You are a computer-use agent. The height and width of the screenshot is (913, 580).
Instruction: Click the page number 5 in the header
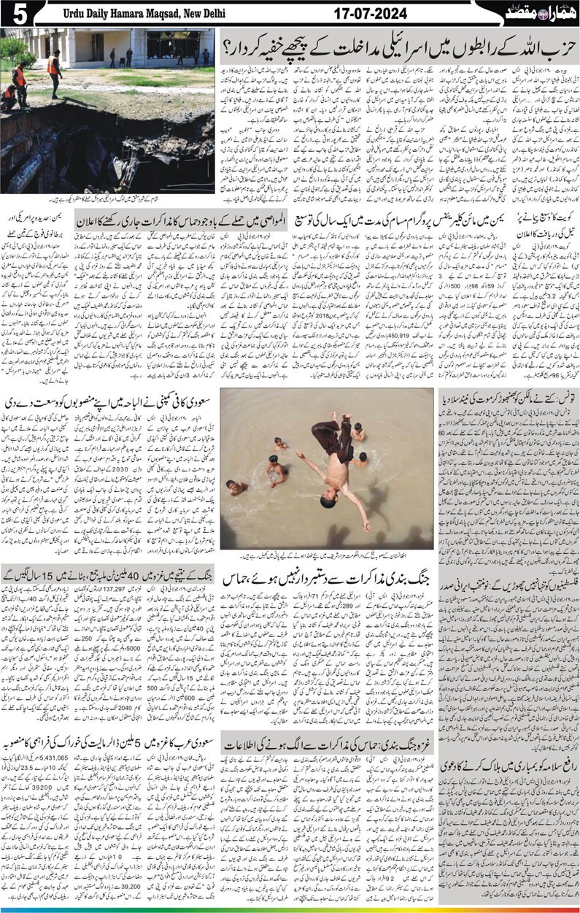coord(14,13)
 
